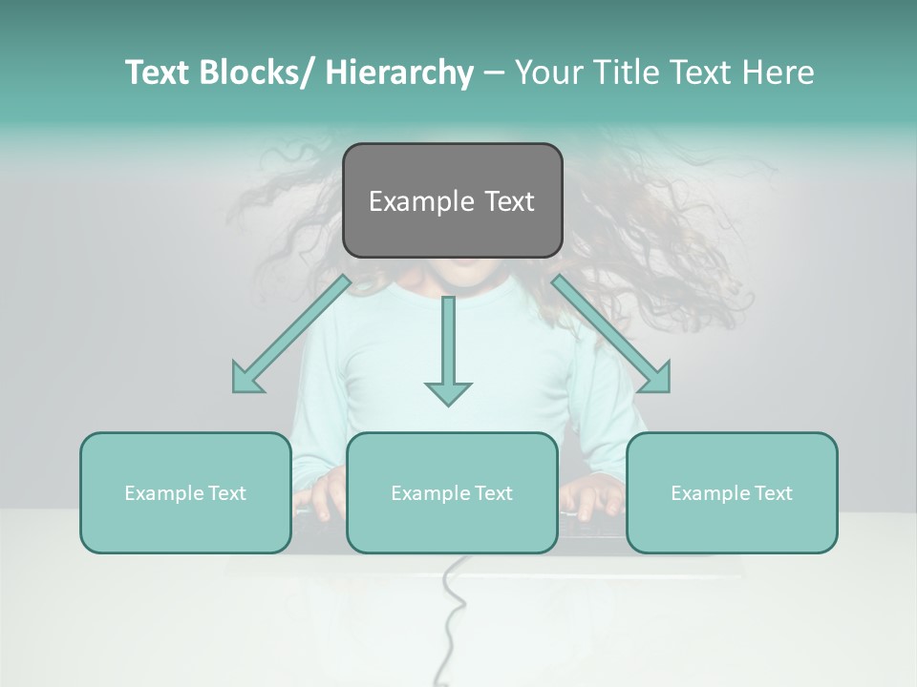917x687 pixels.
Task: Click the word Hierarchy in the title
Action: tap(399, 73)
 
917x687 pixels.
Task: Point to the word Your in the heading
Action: tap(547, 73)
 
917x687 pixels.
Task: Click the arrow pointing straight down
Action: tap(448, 353)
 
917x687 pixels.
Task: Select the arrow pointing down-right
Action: tap(611, 335)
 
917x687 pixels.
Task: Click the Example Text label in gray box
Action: tap(452, 201)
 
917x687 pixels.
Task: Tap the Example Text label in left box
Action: tap(185, 493)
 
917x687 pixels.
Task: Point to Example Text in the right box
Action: tap(732, 493)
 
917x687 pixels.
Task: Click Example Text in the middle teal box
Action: tap(452, 493)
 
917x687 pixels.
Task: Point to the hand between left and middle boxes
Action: tap(319, 496)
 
